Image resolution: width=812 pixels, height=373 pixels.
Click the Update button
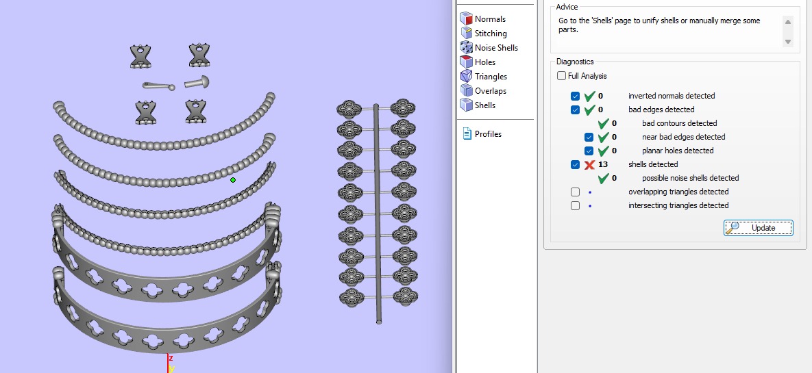pos(758,228)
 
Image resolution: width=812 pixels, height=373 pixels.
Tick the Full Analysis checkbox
pos(562,76)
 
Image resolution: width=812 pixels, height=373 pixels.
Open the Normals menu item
pos(489,19)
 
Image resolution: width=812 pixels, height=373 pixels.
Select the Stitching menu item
pos(490,34)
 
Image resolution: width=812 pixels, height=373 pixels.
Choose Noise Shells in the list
pos(495,48)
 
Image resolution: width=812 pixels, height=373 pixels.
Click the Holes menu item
pos(484,62)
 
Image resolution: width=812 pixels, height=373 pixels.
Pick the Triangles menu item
pos(491,77)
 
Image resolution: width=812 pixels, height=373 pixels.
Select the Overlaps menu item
pos(490,91)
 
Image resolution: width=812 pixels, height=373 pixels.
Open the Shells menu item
pos(484,105)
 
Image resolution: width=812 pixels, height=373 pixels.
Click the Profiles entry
pos(487,134)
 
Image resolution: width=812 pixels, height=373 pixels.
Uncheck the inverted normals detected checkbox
pos(575,97)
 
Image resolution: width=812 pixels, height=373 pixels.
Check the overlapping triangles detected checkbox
pos(575,192)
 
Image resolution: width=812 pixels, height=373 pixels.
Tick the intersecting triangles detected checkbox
pos(575,206)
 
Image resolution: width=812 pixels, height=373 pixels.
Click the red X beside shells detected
pos(589,165)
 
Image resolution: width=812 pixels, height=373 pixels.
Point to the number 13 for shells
pos(603,165)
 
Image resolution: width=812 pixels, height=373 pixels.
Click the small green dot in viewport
pos(233,180)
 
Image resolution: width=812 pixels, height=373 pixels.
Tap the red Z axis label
pos(171,358)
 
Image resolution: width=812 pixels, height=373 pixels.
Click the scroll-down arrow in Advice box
pos(788,42)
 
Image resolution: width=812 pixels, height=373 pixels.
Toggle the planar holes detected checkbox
pos(589,151)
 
